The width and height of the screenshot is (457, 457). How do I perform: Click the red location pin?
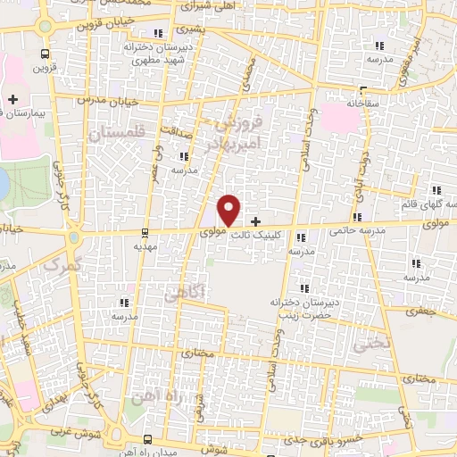(229, 210)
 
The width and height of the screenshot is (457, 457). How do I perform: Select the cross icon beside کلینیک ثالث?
(256, 221)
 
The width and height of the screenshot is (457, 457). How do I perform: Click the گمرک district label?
(61, 264)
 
